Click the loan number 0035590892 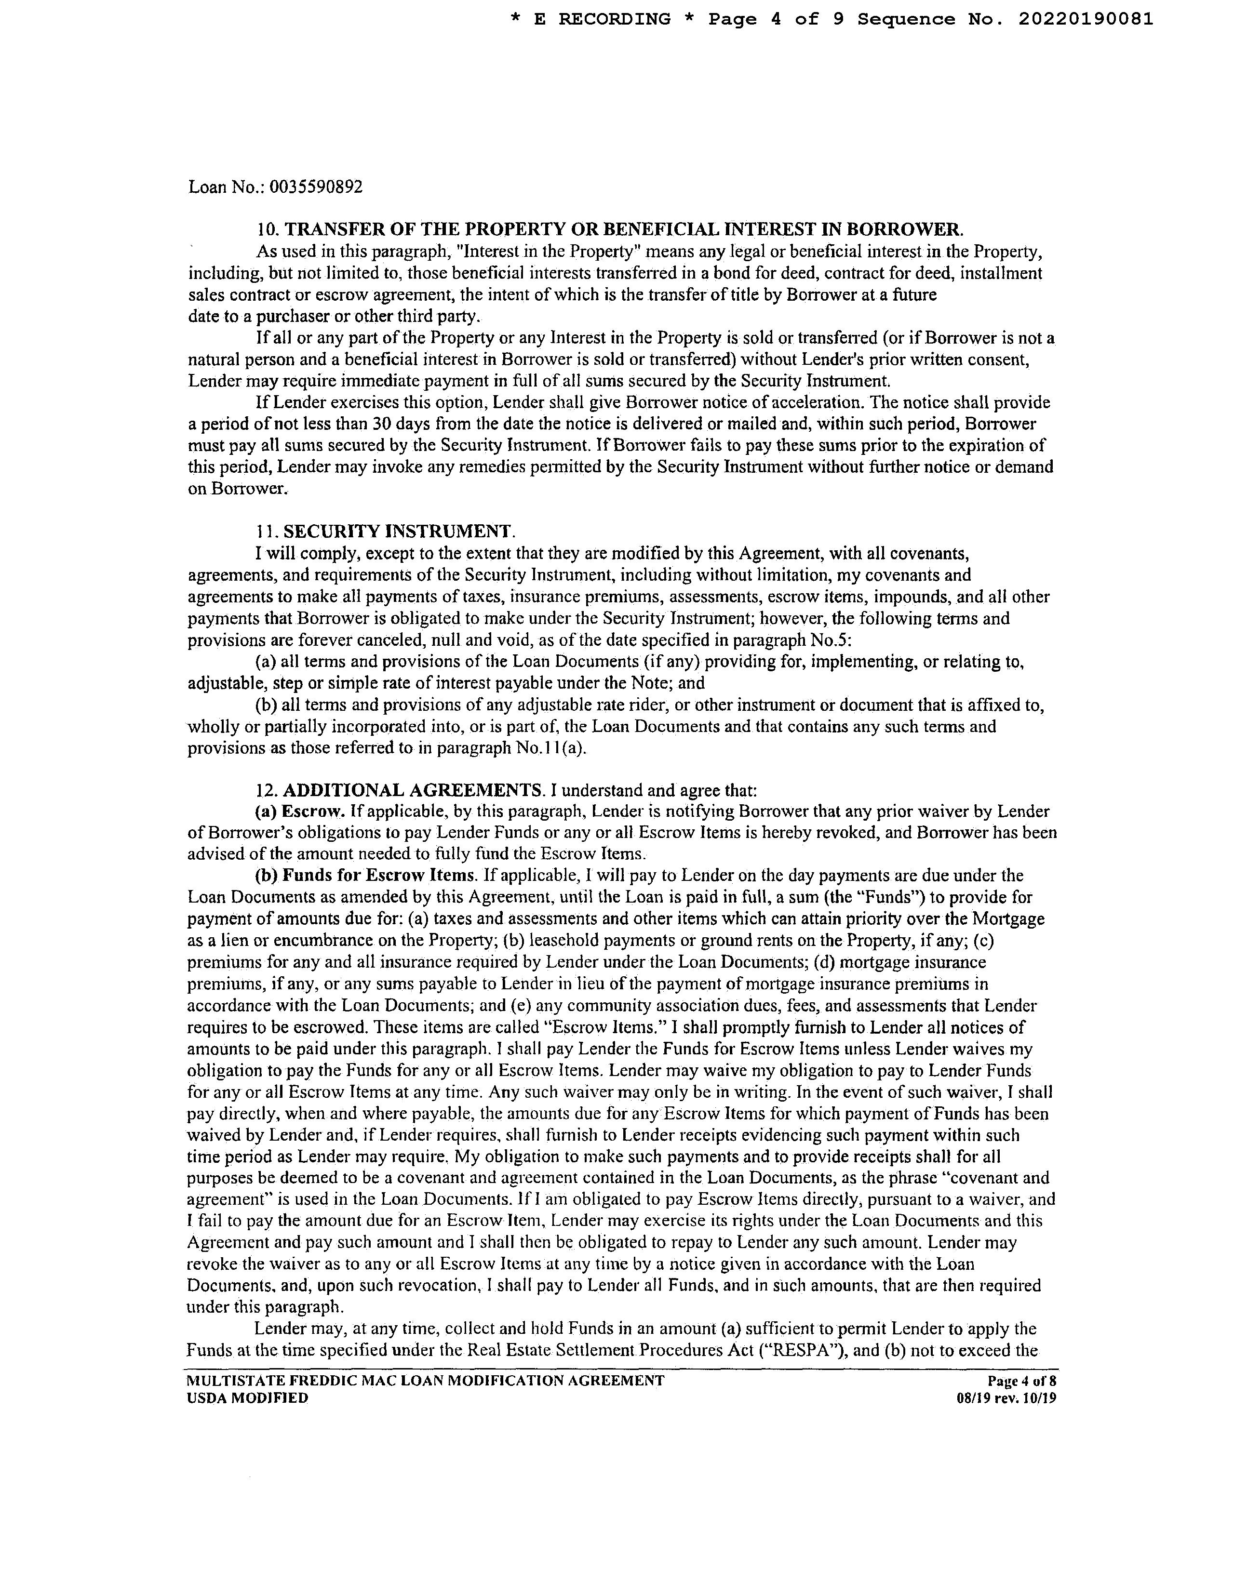click(316, 187)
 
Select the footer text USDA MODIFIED click(248, 1398)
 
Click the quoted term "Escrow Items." click(604, 1027)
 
